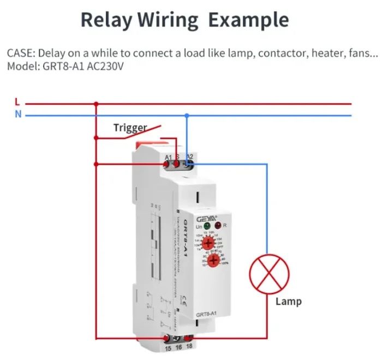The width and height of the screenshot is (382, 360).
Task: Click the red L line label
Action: click(x=17, y=102)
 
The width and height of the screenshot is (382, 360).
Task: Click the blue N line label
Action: click(x=18, y=115)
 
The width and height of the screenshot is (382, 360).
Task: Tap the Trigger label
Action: click(x=130, y=128)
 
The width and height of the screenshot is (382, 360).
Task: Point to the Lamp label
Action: click(x=288, y=301)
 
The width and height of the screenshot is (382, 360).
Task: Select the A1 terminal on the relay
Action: click(x=169, y=163)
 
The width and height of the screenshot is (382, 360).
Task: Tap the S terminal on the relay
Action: click(x=177, y=163)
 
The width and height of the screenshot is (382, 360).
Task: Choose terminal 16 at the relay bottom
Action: click(x=178, y=340)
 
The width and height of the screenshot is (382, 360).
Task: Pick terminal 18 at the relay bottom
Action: click(x=188, y=339)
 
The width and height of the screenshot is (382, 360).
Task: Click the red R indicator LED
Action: click(x=218, y=225)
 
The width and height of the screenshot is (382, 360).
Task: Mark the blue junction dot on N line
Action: click(x=187, y=115)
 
